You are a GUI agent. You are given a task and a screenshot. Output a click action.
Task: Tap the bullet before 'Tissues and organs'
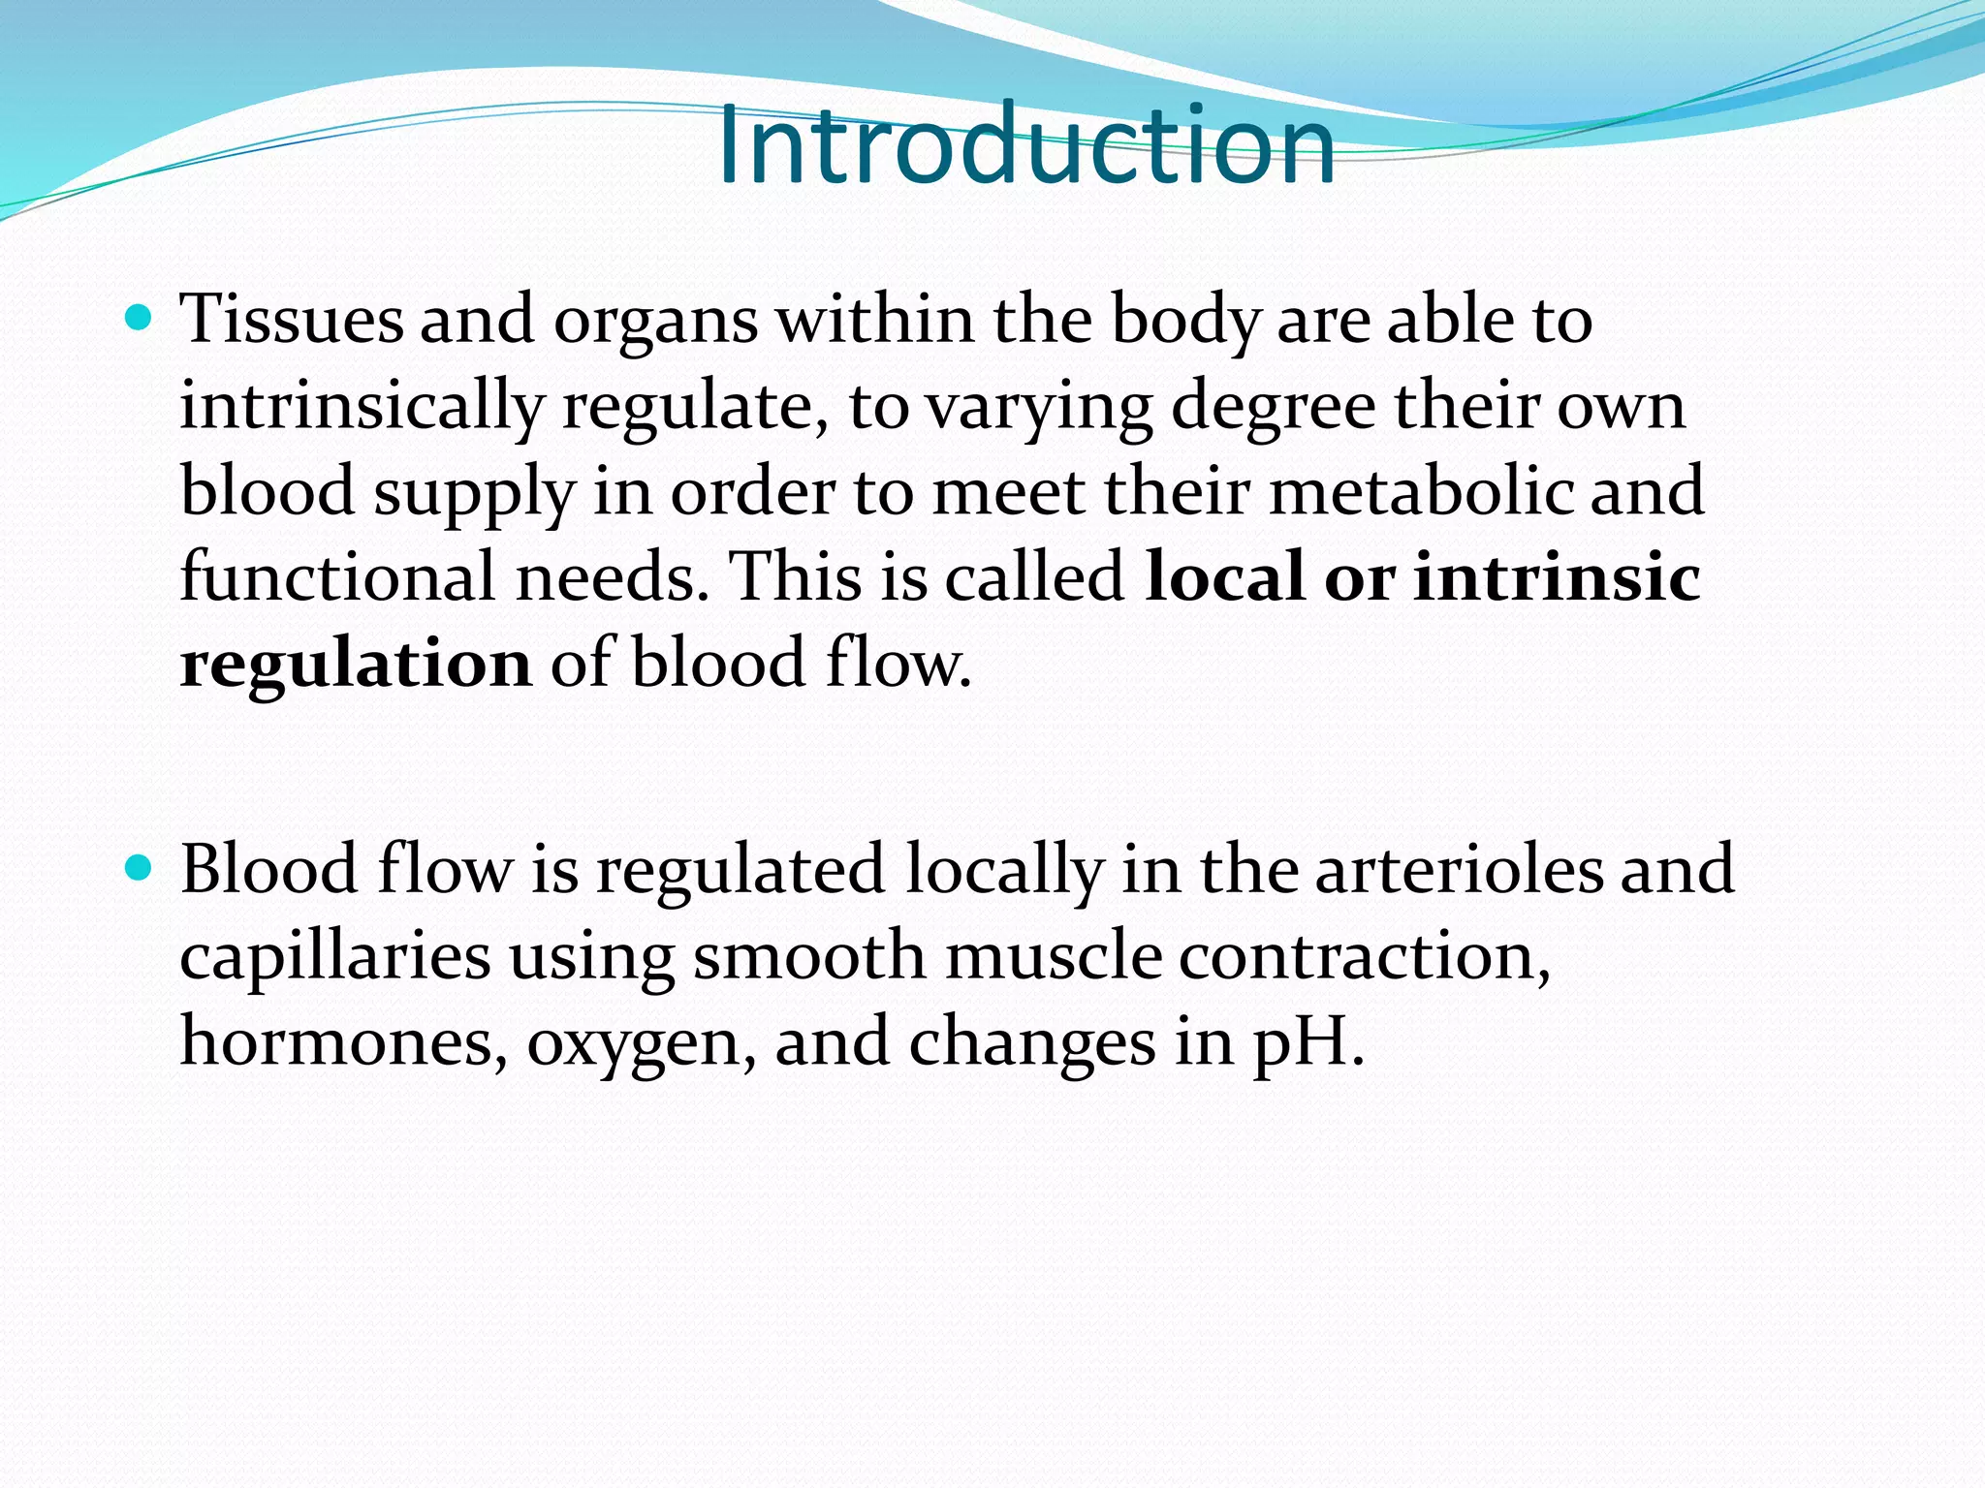coord(140,317)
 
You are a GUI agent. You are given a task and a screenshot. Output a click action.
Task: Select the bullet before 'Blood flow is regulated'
coord(140,867)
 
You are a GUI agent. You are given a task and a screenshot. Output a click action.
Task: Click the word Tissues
coord(291,319)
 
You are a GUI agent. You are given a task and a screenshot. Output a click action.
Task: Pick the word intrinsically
coord(361,407)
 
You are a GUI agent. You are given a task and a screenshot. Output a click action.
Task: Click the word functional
coord(338,577)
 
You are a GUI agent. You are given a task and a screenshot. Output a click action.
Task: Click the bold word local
coord(1224,577)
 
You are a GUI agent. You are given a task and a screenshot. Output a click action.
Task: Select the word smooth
coord(809,956)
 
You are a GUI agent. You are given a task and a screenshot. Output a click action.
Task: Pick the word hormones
coord(343,1042)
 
